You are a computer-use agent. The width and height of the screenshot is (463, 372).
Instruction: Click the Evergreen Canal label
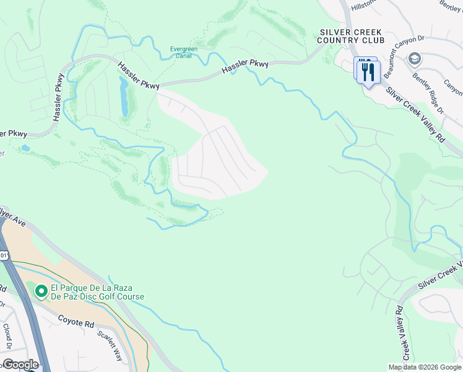coord(189,52)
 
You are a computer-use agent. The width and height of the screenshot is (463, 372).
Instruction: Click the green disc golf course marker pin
coord(41,291)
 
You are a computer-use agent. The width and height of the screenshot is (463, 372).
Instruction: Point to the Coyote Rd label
coord(77,320)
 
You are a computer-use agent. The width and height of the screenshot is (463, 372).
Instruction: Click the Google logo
coord(20,364)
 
